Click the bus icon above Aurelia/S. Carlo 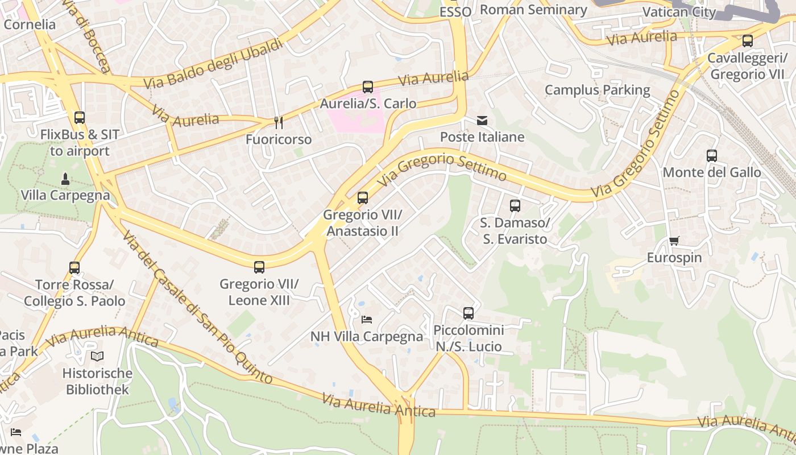(368, 87)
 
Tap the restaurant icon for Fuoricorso (279, 122)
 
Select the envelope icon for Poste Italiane (482, 120)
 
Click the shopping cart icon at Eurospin (674, 241)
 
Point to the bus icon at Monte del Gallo (712, 155)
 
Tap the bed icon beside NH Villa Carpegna (367, 320)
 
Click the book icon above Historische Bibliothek (97, 357)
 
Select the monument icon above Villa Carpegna (65, 179)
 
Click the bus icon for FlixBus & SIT (80, 118)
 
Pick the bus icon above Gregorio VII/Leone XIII (259, 267)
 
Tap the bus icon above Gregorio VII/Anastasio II (363, 198)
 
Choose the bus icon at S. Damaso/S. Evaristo (515, 206)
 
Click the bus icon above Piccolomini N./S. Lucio (469, 313)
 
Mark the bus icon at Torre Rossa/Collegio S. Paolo (74, 267)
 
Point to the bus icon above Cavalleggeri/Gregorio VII (748, 41)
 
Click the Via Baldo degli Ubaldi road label (213, 64)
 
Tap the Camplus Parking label (597, 90)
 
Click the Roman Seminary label (533, 10)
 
